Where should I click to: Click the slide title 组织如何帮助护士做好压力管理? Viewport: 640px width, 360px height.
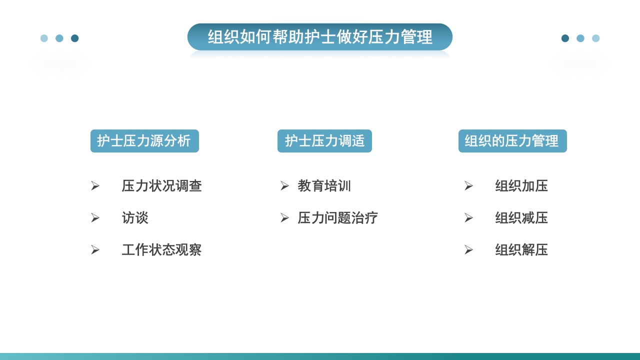(x=320, y=37)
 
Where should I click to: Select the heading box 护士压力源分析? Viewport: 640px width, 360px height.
(x=144, y=141)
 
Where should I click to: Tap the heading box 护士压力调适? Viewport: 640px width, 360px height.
(x=324, y=141)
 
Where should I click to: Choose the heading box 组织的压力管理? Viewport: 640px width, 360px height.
(x=512, y=141)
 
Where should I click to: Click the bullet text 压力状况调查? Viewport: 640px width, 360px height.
(x=161, y=186)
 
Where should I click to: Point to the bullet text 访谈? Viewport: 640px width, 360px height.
(x=135, y=218)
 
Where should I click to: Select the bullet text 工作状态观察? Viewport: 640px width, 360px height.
(x=161, y=250)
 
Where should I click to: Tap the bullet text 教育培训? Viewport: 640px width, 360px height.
(x=324, y=186)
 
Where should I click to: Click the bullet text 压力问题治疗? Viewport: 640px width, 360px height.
(x=337, y=218)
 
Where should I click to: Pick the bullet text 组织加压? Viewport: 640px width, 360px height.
(x=521, y=186)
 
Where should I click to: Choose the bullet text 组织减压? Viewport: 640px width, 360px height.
(x=521, y=218)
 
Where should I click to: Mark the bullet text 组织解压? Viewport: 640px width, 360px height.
(x=521, y=250)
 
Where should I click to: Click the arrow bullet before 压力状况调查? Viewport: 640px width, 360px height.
(x=95, y=186)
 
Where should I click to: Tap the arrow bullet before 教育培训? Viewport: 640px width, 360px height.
(x=284, y=186)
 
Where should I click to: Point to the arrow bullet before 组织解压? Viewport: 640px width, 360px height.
(x=468, y=250)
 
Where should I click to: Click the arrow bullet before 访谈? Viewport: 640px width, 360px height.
(x=95, y=218)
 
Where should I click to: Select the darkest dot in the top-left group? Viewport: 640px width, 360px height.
(x=75, y=38)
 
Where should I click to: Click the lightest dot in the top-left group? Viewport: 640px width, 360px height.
(x=44, y=38)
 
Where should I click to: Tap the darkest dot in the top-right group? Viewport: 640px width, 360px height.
(x=565, y=38)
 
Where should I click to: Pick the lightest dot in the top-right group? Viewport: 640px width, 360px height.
(x=596, y=38)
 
